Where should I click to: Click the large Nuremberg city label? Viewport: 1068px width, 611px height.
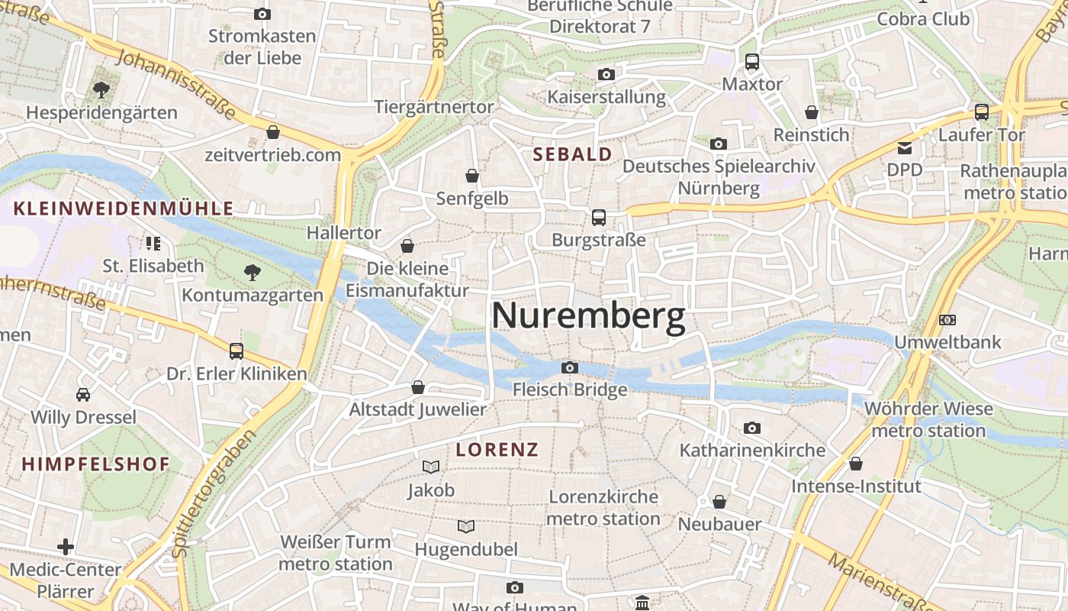[x=588, y=316]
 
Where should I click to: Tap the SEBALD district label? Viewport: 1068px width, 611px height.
[x=572, y=154]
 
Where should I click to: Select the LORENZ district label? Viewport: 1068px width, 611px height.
[x=497, y=450]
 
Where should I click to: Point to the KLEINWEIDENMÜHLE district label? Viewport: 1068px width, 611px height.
[x=124, y=209]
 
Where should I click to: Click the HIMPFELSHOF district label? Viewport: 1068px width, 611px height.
[x=95, y=464]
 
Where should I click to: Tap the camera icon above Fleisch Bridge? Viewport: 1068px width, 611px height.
[x=569, y=368]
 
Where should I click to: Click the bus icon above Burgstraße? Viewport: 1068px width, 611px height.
[x=599, y=218]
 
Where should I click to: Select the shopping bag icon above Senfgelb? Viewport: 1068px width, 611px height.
[x=472, y=176]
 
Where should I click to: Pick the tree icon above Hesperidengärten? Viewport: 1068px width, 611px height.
[x=101, y=91]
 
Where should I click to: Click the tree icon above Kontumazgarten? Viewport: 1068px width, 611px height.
[x=252, y=273]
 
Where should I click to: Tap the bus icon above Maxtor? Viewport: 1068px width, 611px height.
[x=752, y=62]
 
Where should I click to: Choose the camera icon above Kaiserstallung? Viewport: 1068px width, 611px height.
[x=606, y=75]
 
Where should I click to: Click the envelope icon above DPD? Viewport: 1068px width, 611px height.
[x=905, y=147]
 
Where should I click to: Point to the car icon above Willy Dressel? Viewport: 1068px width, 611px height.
[x=83, y=395]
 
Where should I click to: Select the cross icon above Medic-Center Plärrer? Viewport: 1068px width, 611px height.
[x=66, y=547]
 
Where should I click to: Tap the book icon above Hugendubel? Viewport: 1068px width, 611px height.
[x=465, y=527]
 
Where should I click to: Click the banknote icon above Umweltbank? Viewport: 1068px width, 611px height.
[x=947, y=320]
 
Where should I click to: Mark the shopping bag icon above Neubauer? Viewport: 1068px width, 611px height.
[x=719, y=502]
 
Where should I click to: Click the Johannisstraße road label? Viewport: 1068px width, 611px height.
[x=175, y=83]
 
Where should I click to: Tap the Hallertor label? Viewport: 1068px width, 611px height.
[x=344, y=232]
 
